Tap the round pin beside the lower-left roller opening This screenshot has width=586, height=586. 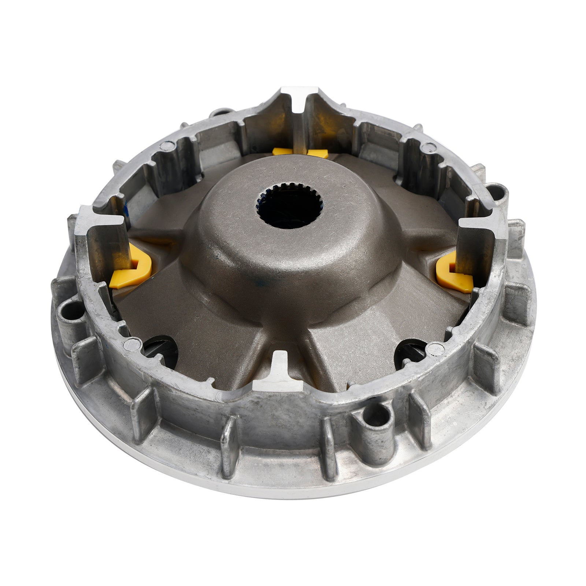pos(130,344)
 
